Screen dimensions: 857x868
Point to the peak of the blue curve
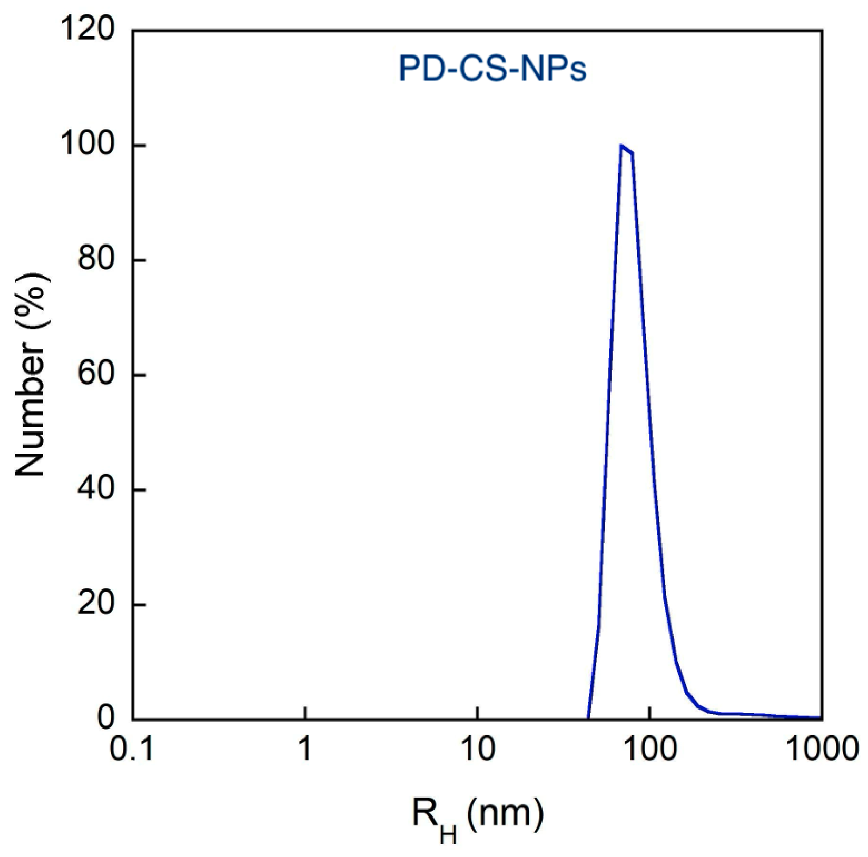tap(621, 146)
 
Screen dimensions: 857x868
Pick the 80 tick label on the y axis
tap(94, 260)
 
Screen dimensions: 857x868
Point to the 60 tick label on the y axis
tap(94, 375)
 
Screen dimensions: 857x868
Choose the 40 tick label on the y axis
tap(94, 489)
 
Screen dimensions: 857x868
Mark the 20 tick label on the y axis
tap(94, 604)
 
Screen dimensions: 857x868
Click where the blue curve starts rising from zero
tap(588, 717)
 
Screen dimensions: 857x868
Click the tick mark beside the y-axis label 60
tap(138, 375)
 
